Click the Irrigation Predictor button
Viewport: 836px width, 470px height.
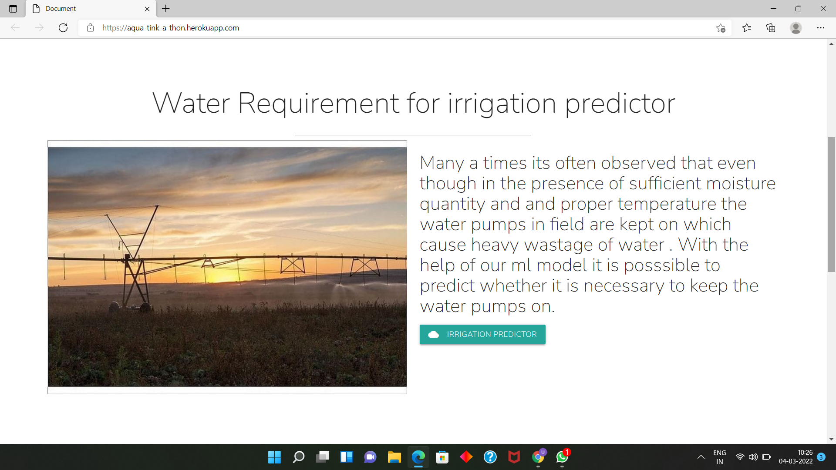coord(482,334)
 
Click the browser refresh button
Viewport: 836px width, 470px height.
coord(63,28)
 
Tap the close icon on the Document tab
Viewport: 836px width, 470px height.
coord(147,9)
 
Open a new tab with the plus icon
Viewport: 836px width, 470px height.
coord(166,8)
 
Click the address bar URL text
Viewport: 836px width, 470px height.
coord(171,28)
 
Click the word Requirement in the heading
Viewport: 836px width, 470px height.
coord(319,104)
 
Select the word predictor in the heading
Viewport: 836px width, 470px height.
coord(620,104)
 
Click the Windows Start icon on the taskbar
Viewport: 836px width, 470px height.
coord(274,457)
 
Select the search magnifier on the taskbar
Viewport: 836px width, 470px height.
coord(299,457)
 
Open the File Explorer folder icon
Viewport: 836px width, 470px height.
coord(394,457)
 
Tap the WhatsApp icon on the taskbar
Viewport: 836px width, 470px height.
coord(562,457)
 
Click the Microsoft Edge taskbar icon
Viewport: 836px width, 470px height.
coord(418,457)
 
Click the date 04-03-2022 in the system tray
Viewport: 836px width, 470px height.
coord(796,461)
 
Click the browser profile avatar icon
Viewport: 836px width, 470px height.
coord(796,28)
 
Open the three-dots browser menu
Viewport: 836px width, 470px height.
coord(821,28)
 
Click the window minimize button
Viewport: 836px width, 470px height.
coord(773,9)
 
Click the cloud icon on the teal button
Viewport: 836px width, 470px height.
coord(433,334)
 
